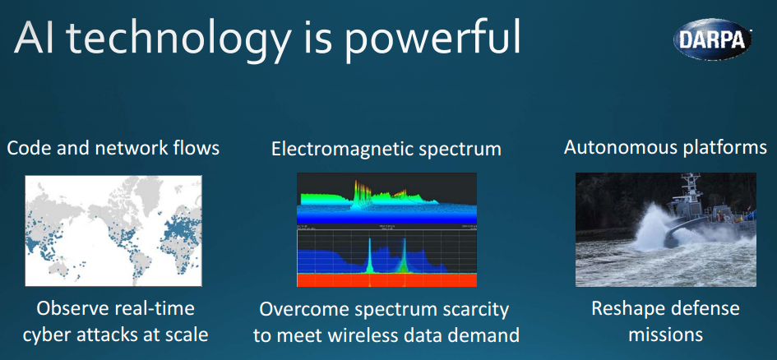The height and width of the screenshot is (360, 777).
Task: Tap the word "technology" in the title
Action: [176, 40]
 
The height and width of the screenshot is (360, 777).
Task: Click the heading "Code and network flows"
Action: [113, 148]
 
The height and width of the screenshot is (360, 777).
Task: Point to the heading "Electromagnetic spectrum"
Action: [386, 149]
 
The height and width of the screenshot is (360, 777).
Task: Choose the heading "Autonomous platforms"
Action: [665, 147]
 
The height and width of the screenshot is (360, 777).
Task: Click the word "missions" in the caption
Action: [665, 335]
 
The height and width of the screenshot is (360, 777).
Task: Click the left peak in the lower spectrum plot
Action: [369, 255]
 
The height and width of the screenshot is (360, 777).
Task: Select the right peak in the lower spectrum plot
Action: [404, 255]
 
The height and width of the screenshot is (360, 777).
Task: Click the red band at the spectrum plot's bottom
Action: [386, 279]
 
